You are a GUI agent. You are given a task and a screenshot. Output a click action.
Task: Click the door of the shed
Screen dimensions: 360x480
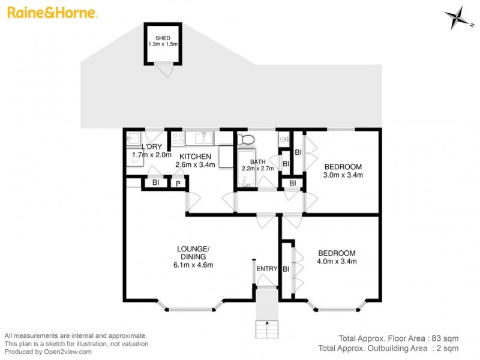tap(163, 71)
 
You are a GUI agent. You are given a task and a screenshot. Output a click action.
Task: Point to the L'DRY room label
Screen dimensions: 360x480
tap(150, 148)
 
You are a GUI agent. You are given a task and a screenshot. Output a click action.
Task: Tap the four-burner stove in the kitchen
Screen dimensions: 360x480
tap(178, 139)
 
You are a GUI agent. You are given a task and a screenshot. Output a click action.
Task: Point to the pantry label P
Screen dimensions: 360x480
tap(178, 183)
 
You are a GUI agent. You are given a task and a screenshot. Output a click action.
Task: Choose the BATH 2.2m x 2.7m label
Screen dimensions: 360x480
tap(257, 166)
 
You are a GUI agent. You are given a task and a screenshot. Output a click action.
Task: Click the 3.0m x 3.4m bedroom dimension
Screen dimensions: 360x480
tap(343, 175)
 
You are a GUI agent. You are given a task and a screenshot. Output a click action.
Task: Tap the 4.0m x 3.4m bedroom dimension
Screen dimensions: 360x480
tap(337, 261)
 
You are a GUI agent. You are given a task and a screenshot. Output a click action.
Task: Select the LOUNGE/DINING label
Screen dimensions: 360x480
tap(193, 253)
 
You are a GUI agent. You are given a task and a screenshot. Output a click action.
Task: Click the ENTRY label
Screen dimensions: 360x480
tap(266, 269)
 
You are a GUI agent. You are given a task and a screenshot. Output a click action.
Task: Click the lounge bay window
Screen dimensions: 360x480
tap(188, 308)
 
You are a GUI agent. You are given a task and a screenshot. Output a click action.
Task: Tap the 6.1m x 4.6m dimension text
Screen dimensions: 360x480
tap(193, 265)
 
